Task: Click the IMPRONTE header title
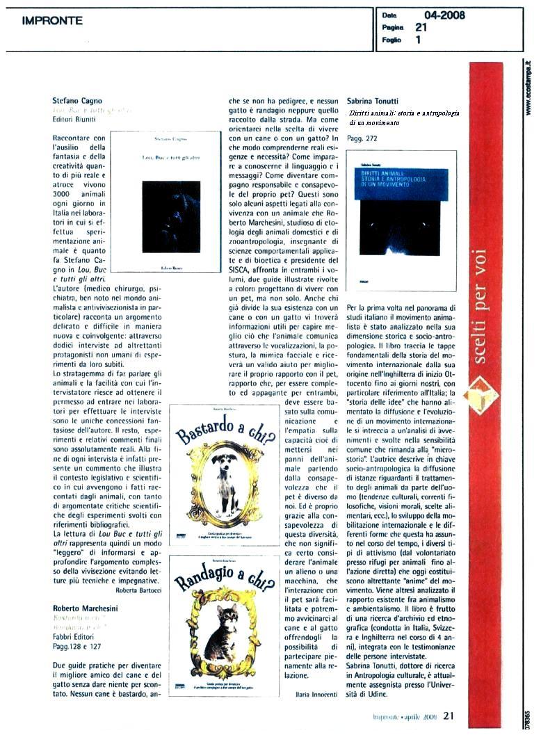pos(52,21)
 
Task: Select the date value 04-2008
pos(444,15)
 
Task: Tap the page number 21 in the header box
pos(421,28)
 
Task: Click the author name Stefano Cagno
pos(77,101)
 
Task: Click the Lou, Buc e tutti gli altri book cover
pos(170,201)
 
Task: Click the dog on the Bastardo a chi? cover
pos(224,480)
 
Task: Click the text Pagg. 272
pos(362,138)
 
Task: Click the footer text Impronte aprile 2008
pos(403,715)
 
